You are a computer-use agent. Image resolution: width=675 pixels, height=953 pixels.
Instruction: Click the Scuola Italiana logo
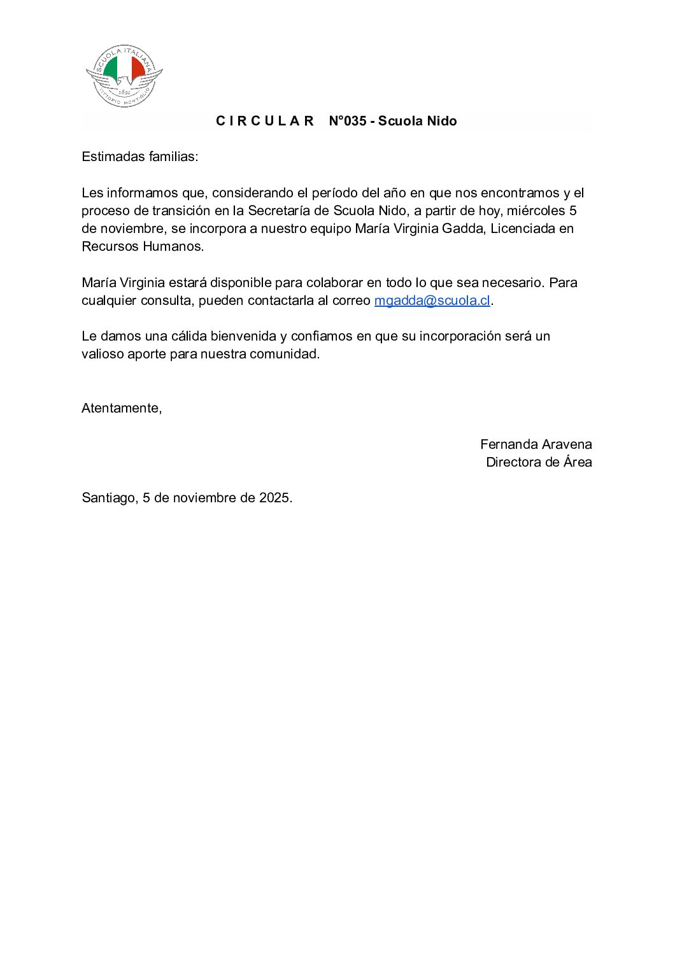click(124, 76)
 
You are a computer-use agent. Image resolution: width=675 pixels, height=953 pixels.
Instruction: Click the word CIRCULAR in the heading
click(265, 121)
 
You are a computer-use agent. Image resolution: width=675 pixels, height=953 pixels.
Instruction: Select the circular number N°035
click(347, 121)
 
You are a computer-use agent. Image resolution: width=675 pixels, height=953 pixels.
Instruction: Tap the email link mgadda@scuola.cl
click(432, 300)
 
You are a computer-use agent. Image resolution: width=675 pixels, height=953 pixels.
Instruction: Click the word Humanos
click(173, 246)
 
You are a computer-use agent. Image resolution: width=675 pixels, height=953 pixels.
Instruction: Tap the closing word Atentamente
click(121, 408)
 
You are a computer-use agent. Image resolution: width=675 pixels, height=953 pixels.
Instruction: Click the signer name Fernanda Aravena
click(536, 444)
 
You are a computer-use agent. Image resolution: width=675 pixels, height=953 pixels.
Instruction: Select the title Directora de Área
click(539, 462)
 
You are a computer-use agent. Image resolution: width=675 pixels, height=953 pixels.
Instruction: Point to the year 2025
click(274, 498)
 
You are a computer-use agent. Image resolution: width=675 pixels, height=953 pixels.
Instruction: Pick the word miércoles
click(536, 211)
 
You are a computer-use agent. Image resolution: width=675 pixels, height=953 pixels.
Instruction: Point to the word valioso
click(102, 354)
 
